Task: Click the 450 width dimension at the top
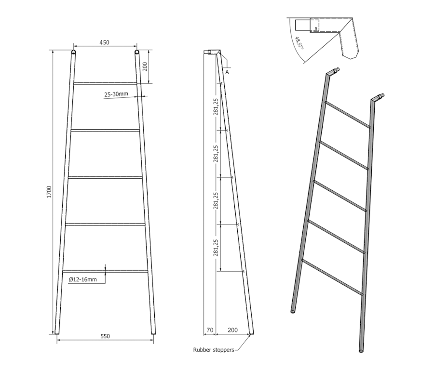[x=104, y=42]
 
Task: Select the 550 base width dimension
[x=105, y=336]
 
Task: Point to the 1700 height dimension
[x=49, y=192]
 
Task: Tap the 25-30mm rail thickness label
[x=116, y=94]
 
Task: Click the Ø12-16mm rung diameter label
[x=83, y=279]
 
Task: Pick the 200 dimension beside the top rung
[x=145, y=66]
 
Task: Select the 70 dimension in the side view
[x=210, y=330]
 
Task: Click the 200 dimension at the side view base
[x=232, y=330]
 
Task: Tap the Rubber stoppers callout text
[x=214, y=350]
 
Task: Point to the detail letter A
[x=227, y=72]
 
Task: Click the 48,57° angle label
[x=299, y=43]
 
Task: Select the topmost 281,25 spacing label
[x=216, y=106]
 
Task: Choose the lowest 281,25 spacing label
[x=216, y=248]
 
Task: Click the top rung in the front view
[x=105, y=83]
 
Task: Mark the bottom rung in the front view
[x=105, y=271]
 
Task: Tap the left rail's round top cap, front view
[x=73, y=52]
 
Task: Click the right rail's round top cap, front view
[x=137, y=52]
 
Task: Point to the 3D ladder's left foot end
[x=293, y=312]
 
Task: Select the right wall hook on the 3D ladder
[x=378, y=97]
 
